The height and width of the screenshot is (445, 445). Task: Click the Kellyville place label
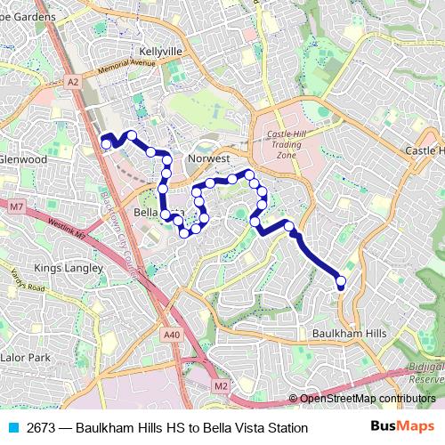coord(160,52)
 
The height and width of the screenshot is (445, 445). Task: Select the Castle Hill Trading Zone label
coord(287,144)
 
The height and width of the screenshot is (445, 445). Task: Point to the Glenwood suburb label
coord(23,158)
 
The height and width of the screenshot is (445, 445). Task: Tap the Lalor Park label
coord(28,357)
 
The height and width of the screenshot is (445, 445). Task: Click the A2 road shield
coord(73,80)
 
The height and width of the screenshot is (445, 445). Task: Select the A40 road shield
coord(172,335)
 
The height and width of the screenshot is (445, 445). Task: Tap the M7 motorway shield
coord(17,206)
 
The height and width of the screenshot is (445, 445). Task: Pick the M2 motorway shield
coord(221,385)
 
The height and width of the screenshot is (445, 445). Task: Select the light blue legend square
coord(12,428)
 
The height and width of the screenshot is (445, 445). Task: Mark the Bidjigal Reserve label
coord(425,371)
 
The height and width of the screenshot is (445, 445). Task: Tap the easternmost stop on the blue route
coord(341,282)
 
